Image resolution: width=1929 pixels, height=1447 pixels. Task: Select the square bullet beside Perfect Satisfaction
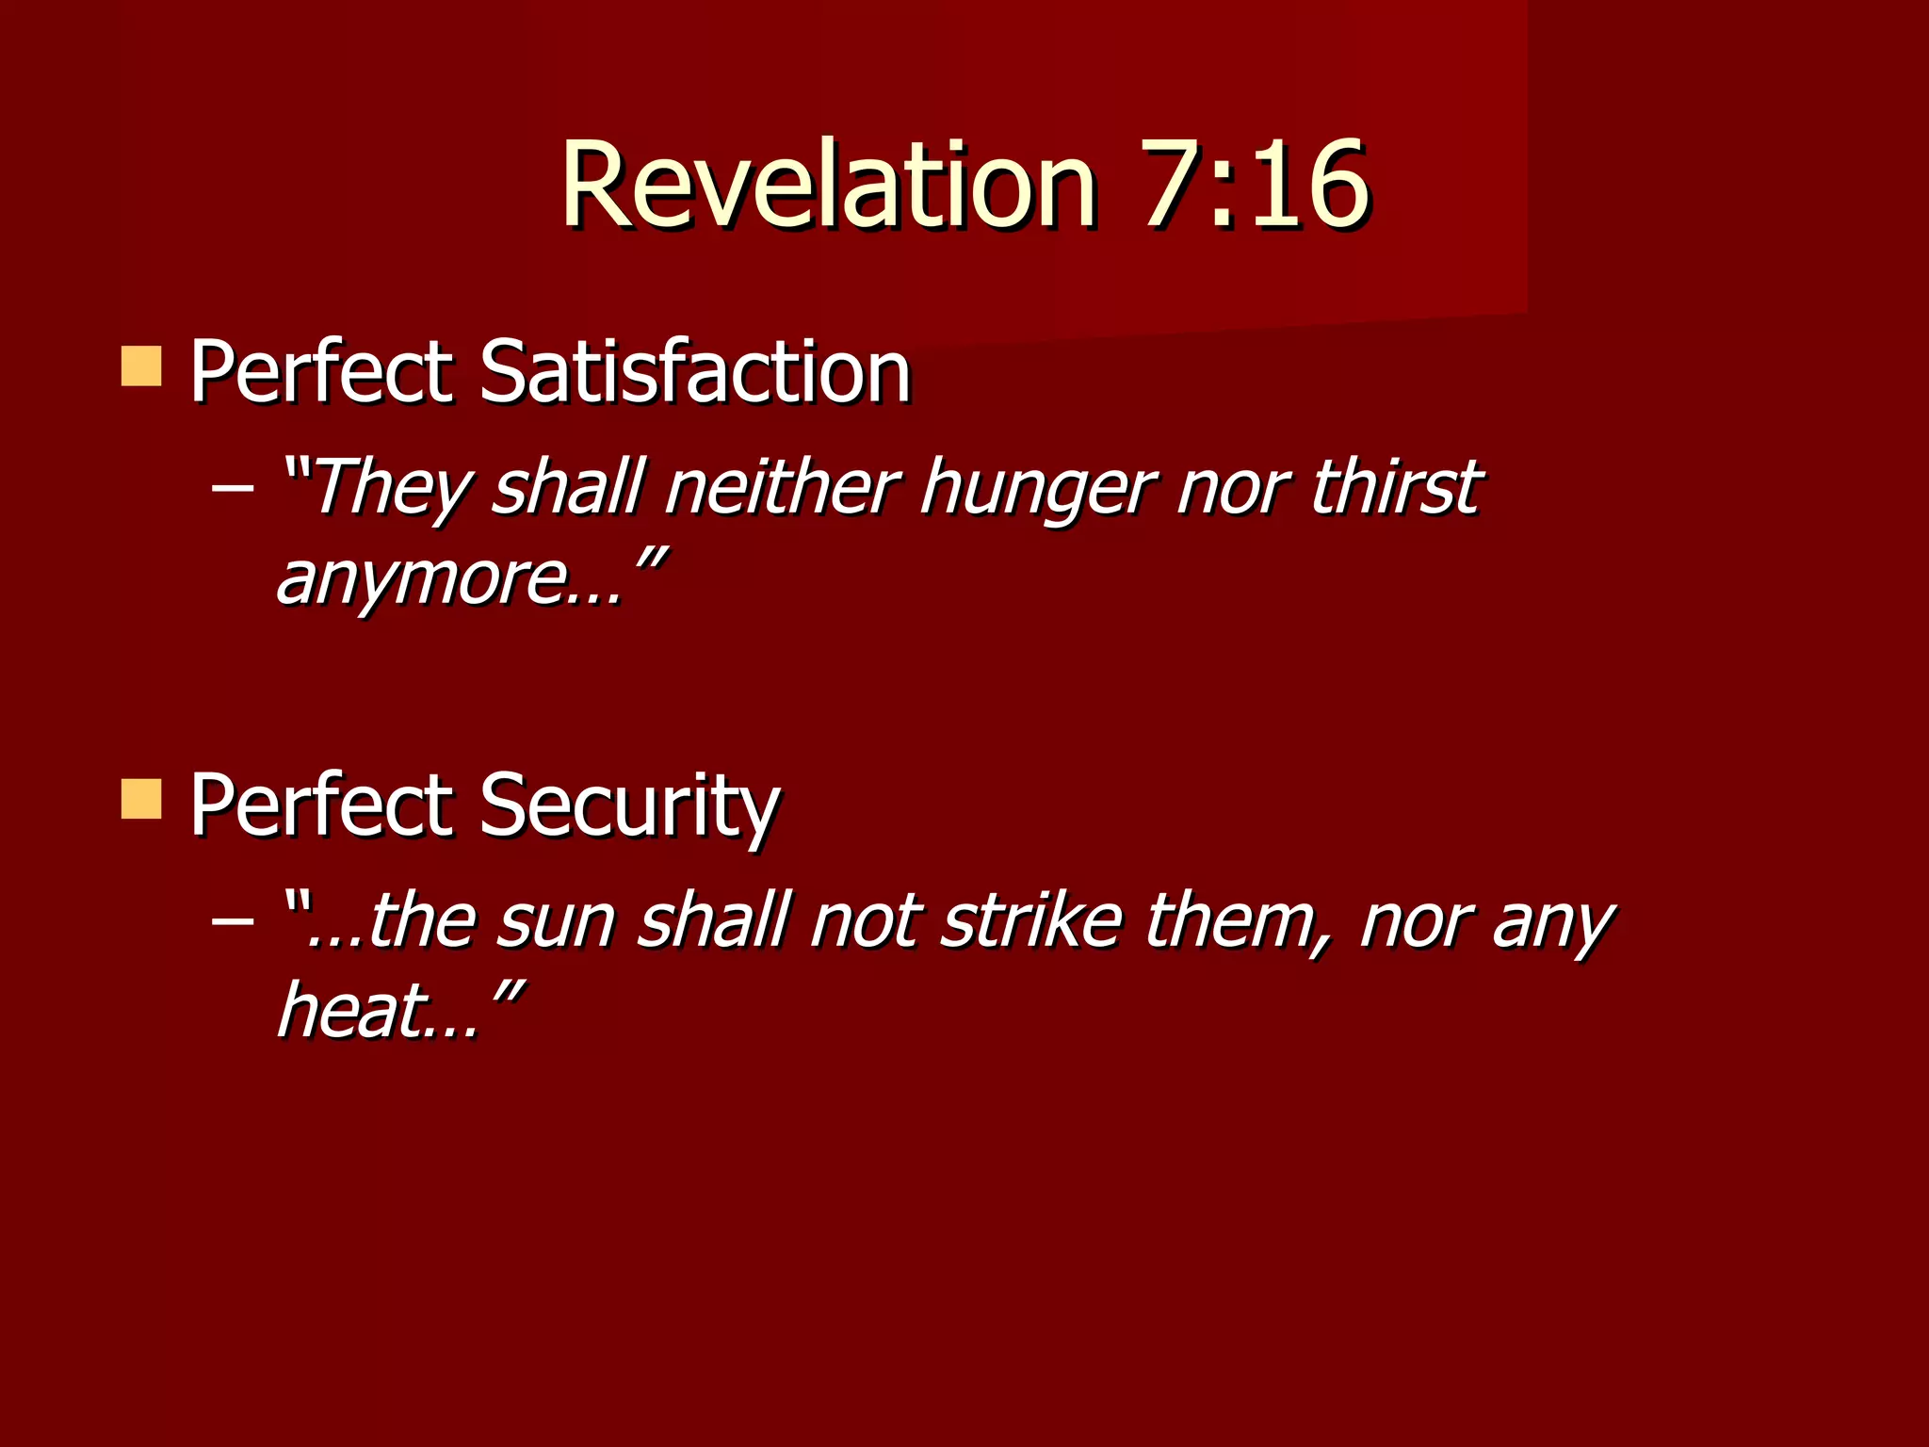(x=141, y=366)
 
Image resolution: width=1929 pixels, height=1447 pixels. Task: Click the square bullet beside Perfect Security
(x=141, y=799)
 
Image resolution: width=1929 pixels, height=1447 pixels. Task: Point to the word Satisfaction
(x=695, y=372)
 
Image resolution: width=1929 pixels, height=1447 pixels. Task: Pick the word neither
(x=781, y=488)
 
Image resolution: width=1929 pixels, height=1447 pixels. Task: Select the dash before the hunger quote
(x=232, y=488)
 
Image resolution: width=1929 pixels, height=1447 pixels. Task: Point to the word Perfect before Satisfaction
(x=320, y=372)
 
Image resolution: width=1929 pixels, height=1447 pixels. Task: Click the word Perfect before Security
(x=320, y=805)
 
